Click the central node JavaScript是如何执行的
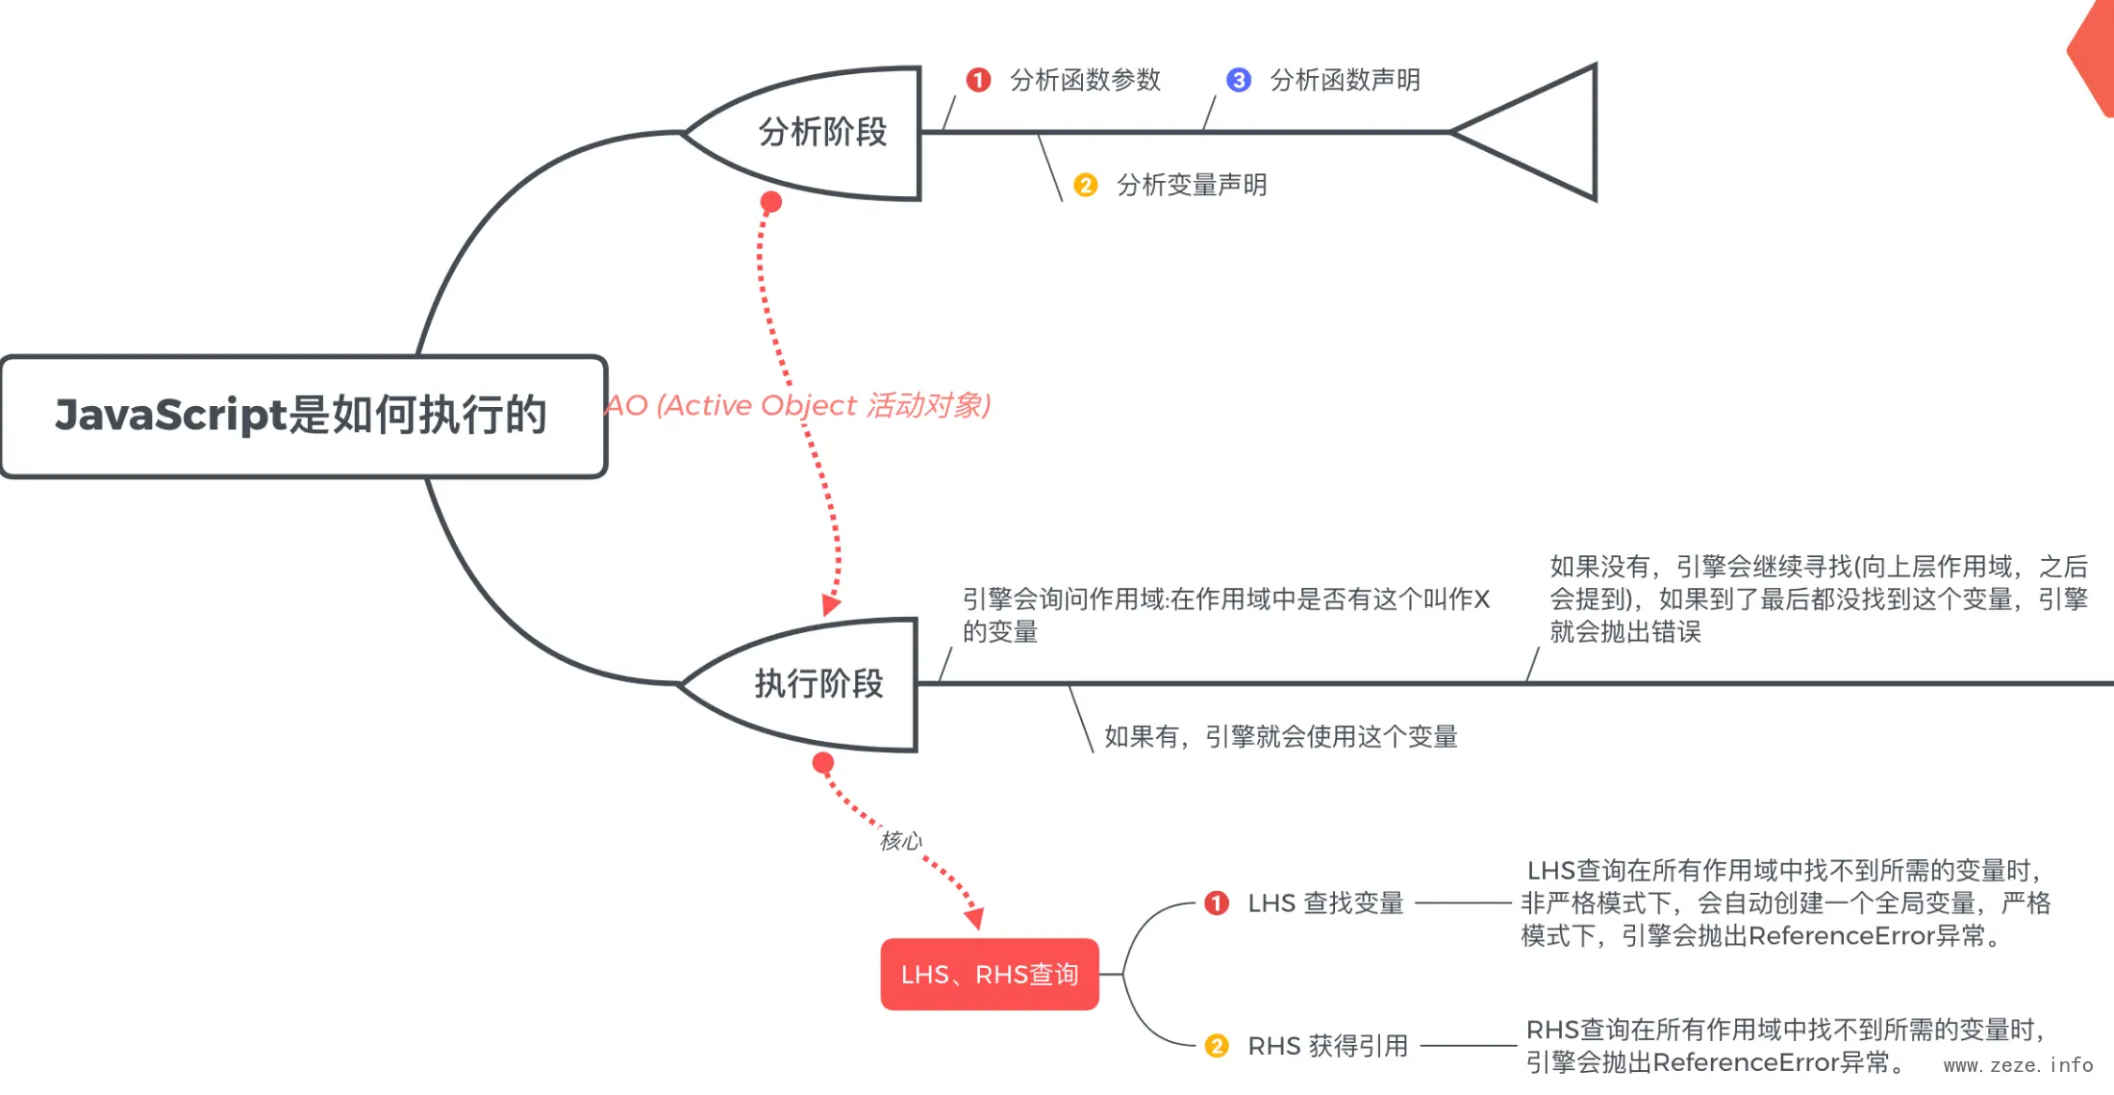tap(303, 416)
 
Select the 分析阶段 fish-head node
tap(822, 133)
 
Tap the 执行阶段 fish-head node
tap(818, 684)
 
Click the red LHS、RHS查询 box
tap(990, 975)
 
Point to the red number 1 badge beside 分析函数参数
tap(978, 80)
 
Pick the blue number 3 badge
tap(1239, 80)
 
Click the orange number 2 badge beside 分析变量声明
tap(1086, 185)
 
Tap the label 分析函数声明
tap(1345, 80)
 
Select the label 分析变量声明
tap(1192, 185)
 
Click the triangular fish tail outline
tap(1539, 133)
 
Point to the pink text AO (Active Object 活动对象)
tap(798, 405)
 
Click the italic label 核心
tap(900, 841)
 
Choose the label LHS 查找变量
tap(1325, 904)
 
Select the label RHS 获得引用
tap(1327, 1046)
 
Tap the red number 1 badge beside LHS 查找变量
tap(1217, 904)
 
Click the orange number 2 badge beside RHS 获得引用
tap(1217, 1046)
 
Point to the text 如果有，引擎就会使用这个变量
tap(1280, 737)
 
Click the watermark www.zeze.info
tap(2018, 1065)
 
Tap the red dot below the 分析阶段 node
tap(771, 202)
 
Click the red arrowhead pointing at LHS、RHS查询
tap(974, 918)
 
